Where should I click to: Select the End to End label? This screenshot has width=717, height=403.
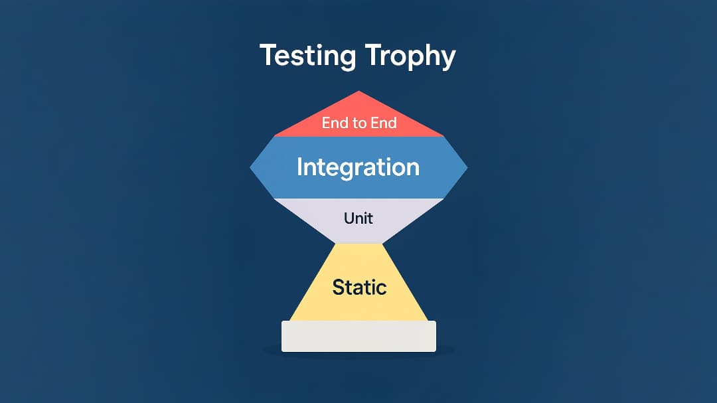click(x=358, y=123)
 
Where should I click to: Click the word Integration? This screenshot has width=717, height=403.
click(x=358, y=167)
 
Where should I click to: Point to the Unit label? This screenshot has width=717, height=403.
click(x=358, y=218)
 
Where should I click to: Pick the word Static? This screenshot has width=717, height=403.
click(x=359, y=287)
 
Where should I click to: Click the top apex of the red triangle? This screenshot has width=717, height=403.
click(x=359, y=92)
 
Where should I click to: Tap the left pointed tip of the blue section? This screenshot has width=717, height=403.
click(x=251, y=168)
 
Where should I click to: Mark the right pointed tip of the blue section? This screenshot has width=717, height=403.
click(x=467, y=168)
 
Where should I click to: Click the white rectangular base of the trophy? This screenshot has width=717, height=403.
click(x=358, y=336)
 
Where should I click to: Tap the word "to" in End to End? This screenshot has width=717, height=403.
click(x=358, y=123)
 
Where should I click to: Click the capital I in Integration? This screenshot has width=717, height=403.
click(x=300, y=166)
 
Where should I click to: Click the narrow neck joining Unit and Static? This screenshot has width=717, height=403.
click(x=358, y=243)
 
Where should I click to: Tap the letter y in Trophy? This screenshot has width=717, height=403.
click(x=447, y=58)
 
